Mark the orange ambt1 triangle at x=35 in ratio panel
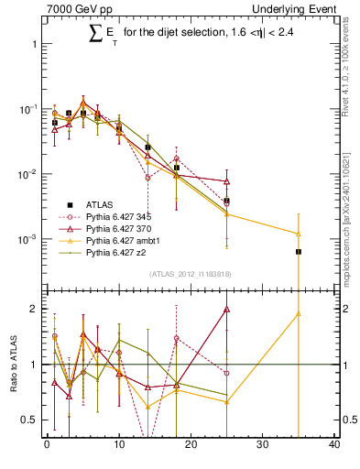pyautogui.click(x=299, y=313)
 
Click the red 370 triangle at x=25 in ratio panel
pyautogui.click(x=226, y=309)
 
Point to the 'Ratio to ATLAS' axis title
pyautogui.click(x=12, y=364)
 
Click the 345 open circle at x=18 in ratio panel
pyautogui.click(x=176, y=338)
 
